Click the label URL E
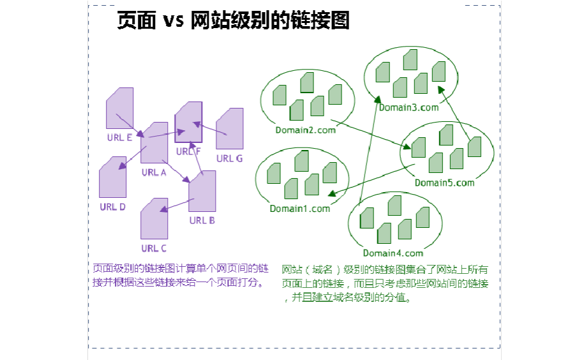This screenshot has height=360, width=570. [120, 137]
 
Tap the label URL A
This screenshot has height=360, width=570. [154, 172]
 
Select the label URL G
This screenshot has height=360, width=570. [229, 158]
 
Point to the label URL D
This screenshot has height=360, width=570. [112, 207]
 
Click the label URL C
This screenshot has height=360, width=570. [154, 248]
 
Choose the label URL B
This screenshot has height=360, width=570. [202, 220]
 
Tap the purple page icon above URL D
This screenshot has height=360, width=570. [112, 177]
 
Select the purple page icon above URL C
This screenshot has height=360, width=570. [154, 219]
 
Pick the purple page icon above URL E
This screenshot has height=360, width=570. [120, 108]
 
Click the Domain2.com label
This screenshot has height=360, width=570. [305, 130]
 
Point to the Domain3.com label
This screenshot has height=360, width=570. [409, 107]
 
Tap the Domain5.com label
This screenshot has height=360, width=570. [444, 183]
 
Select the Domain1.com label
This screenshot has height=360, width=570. [300, 209]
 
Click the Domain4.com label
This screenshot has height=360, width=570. [393, 253]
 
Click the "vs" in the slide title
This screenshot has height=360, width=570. [173, 21]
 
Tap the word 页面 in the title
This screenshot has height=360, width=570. [136, 21]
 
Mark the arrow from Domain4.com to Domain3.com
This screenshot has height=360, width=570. [369, 153]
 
